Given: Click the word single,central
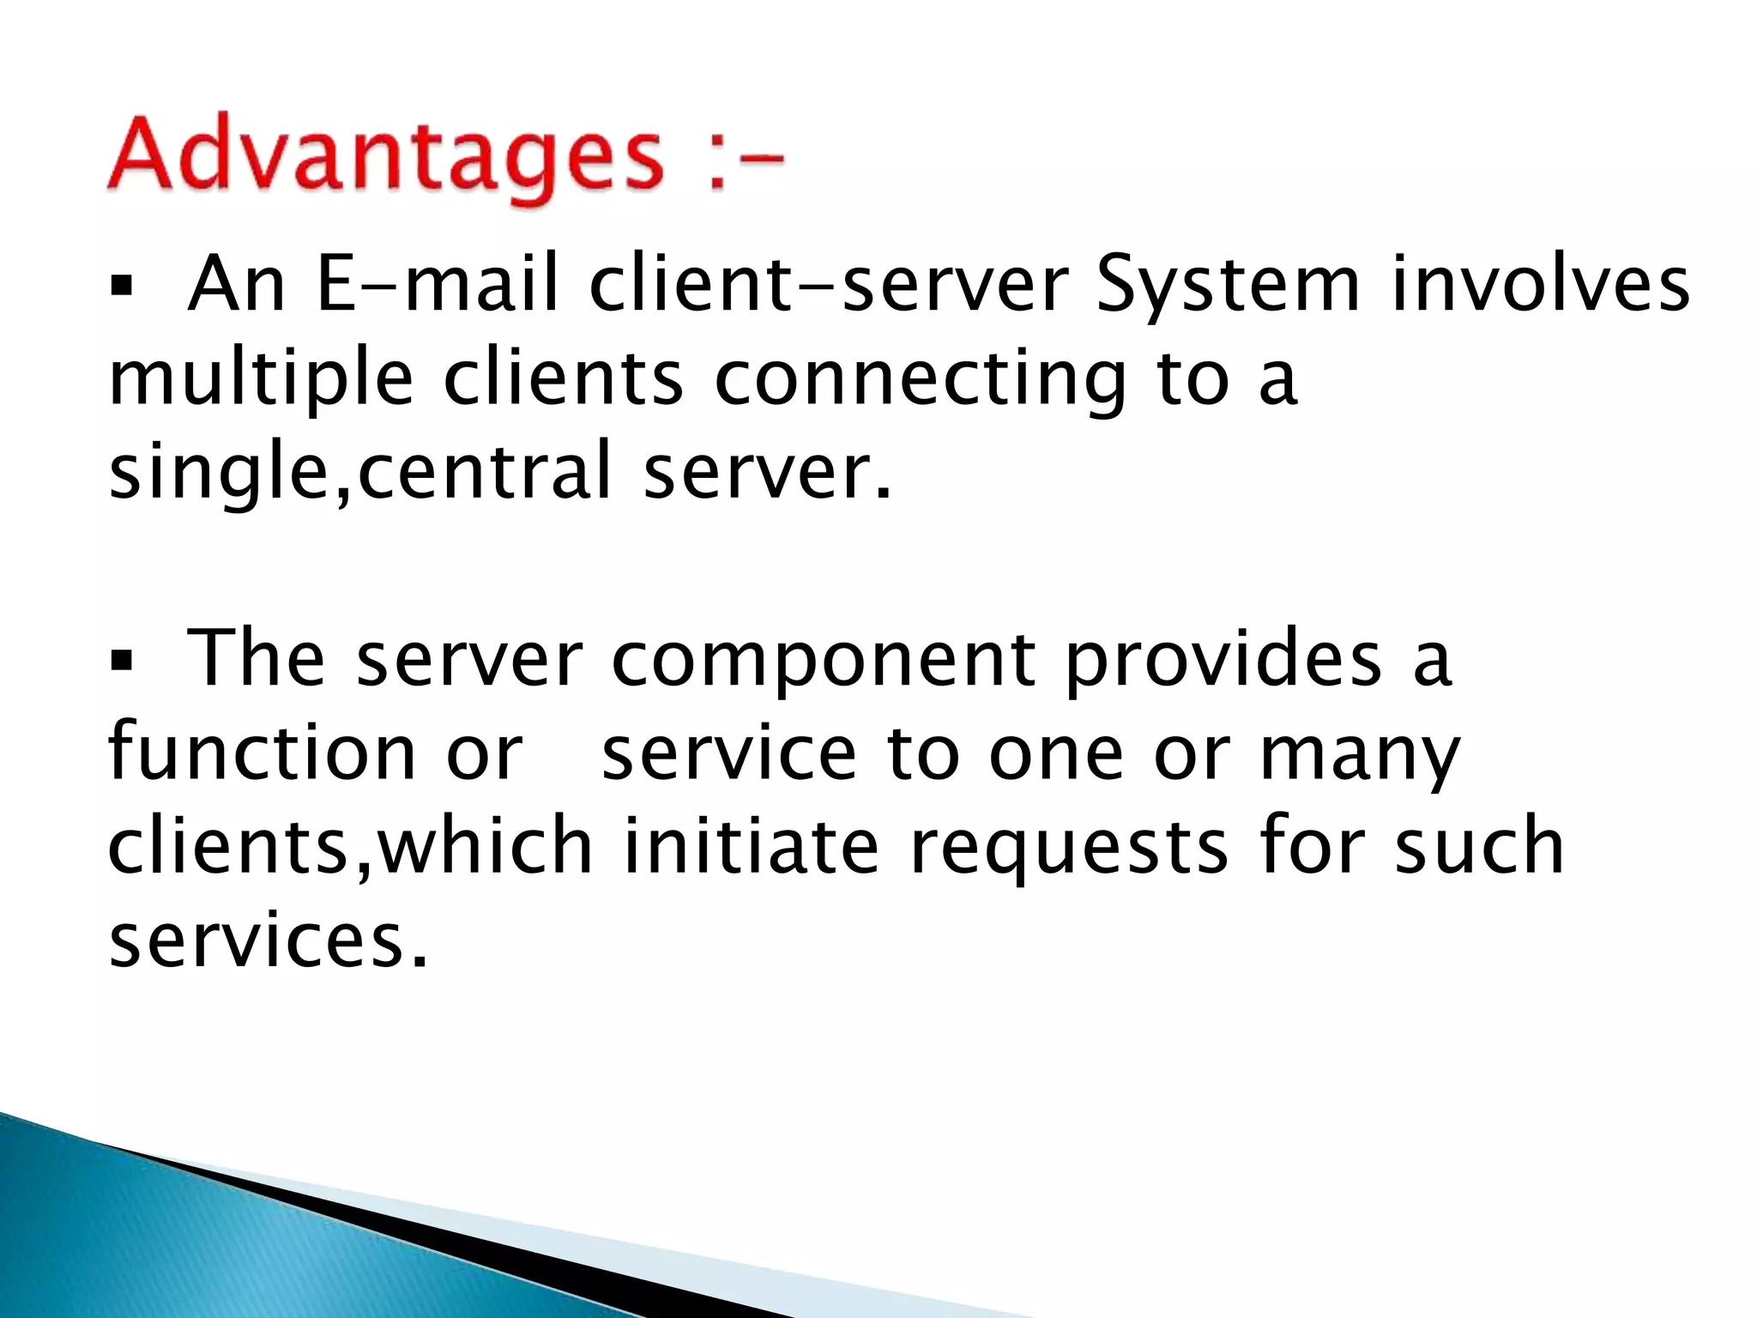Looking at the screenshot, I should pos(360,471).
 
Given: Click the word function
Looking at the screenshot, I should pos(262,753).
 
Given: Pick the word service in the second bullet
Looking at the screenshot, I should pos(729,753).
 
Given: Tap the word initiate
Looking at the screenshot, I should pos(751,847).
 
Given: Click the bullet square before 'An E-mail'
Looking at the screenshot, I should pos(118,285).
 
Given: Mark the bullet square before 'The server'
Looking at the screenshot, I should pos(118,661).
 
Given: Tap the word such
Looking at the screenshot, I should pos(1479,847).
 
